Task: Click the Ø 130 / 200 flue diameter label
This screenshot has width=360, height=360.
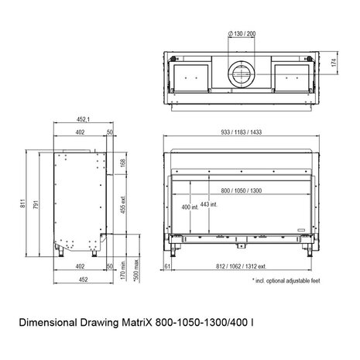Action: (x=242, y=33)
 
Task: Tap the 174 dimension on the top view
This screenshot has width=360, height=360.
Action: (x=334, y=63)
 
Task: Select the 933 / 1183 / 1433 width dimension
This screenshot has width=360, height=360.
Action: (x=242, y=132)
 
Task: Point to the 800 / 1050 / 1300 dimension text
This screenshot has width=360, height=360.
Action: (x=242, y=190)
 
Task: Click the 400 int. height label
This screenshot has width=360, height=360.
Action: (x=190, y=207)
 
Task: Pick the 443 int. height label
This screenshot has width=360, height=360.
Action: (x=209, y=204)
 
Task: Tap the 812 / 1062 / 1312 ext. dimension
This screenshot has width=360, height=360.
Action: (x=241, y=266)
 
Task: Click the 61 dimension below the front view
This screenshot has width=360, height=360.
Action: (x=167, y=266)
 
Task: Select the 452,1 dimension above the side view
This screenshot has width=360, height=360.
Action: (x=83, y=119)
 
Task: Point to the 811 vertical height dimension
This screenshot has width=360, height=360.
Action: (x=23, y=204)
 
